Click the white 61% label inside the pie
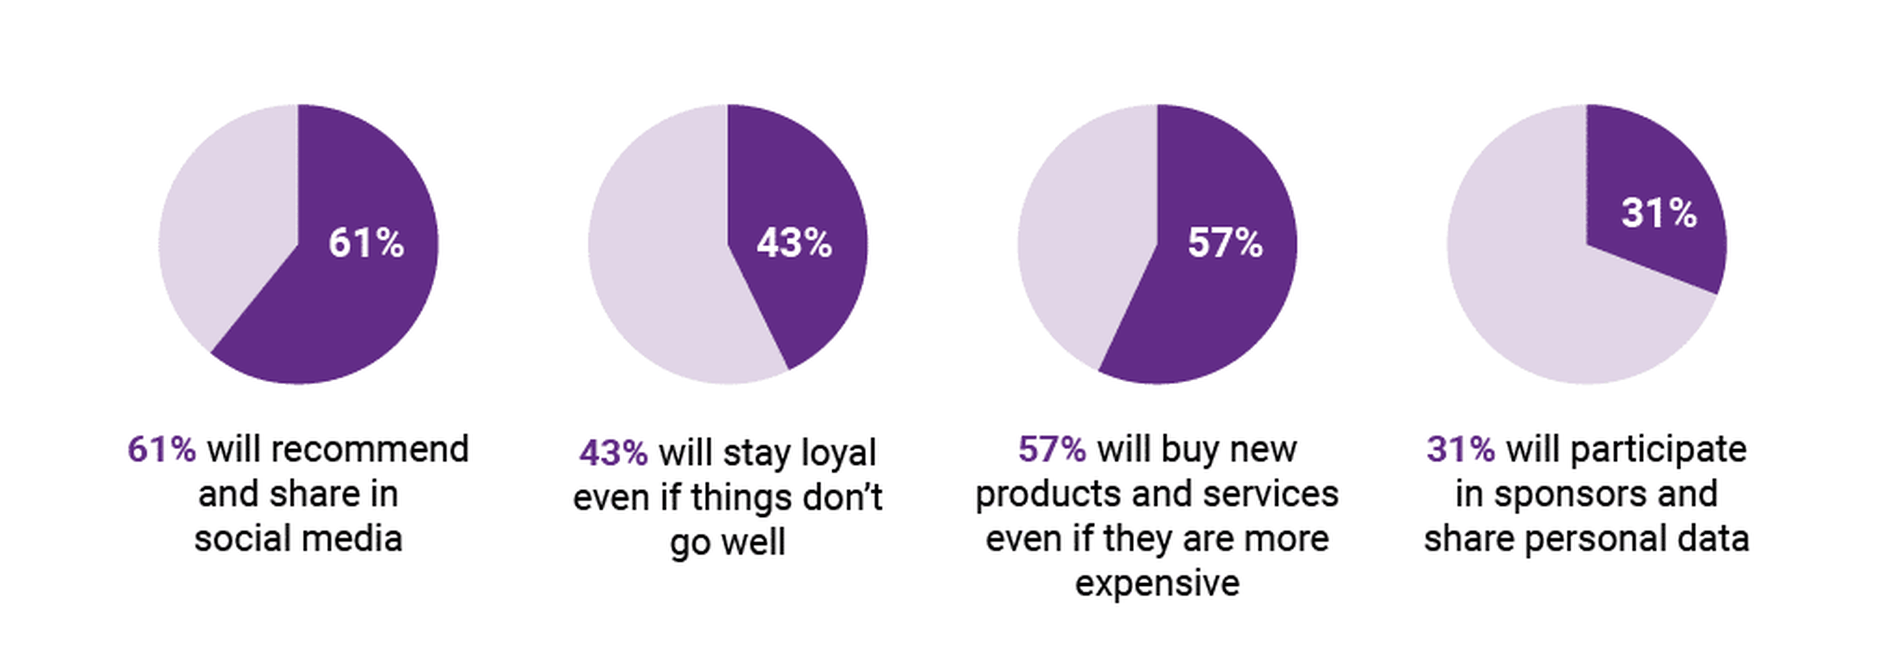coord(365,243)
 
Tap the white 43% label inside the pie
coord(794,243)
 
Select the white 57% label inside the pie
coord(1224,243)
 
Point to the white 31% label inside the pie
coord(1658,214)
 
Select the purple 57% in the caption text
coord(1051,449)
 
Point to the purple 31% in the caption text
coord(1460,449)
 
